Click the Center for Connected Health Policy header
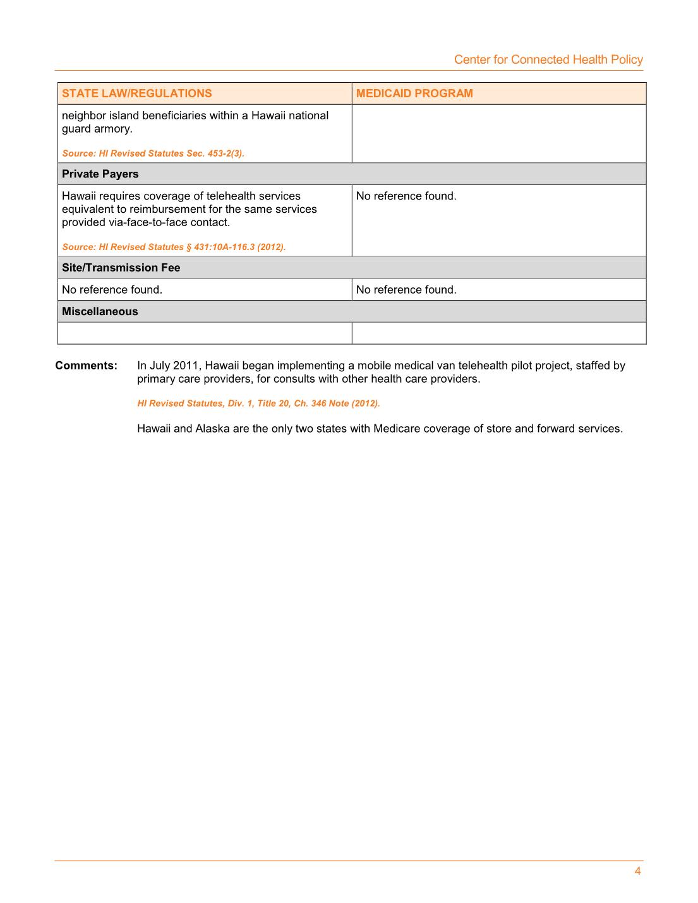[x=548, y=59]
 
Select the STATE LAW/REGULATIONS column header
[x=137, y=93]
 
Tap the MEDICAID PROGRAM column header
[x=414, y=93]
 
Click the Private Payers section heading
[x=100, y=174]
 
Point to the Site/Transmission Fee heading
[x=121, y=268]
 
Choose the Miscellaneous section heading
[x=100, y=311]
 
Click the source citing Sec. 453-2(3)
[x=153, y=153]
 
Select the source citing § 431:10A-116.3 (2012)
[x=174, y=247]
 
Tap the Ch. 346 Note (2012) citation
[x=258, y=404]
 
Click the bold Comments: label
[x=87, y=366]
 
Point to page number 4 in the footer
[x=637, y=871]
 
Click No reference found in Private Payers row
[x=406, y=196]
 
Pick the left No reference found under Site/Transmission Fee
[x=112, y=290]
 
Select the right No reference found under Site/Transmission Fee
[x=406, y=290]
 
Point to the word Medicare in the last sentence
[x=397, y=429]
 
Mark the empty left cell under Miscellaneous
[x=205, y=333]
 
